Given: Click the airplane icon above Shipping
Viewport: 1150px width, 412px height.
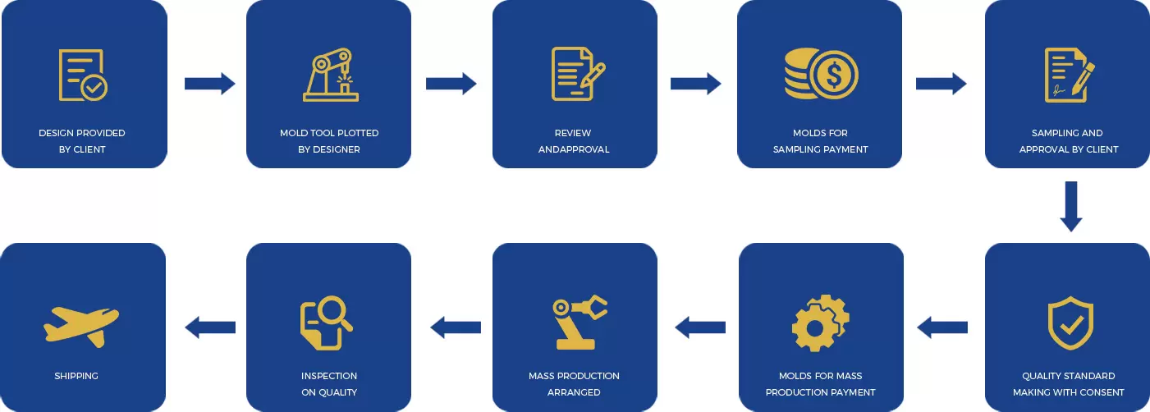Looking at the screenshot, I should click(81, 323).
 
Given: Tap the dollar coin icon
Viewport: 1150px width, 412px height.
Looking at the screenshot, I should click(821, 76).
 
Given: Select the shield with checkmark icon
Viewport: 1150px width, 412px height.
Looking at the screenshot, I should click(1070, 324).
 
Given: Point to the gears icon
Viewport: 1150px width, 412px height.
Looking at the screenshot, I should click(820, 323).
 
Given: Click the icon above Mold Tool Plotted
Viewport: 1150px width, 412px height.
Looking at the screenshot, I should click(330, 76).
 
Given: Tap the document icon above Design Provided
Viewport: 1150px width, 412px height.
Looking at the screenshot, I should click(82, 76).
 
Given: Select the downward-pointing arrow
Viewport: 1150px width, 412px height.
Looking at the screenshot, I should click(1071, 206).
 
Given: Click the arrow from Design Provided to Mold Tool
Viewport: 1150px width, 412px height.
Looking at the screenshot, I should click(209, 83).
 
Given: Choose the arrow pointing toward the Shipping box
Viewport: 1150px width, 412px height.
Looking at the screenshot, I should click(210, 327).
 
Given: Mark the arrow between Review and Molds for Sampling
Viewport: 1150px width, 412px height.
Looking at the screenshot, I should click(695, 83).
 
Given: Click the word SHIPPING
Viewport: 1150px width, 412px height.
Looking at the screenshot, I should click(76, 376).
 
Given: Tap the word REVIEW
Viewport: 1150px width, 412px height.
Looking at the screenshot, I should click(573, 133).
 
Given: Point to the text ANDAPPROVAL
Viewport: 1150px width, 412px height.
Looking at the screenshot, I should click(574, 149).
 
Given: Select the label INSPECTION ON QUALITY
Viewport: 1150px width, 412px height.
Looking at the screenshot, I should click(329, 384).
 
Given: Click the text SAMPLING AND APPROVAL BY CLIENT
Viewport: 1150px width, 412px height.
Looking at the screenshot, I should click(1068, 141).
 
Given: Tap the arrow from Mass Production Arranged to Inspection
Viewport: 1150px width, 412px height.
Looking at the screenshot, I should click(456, 327).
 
